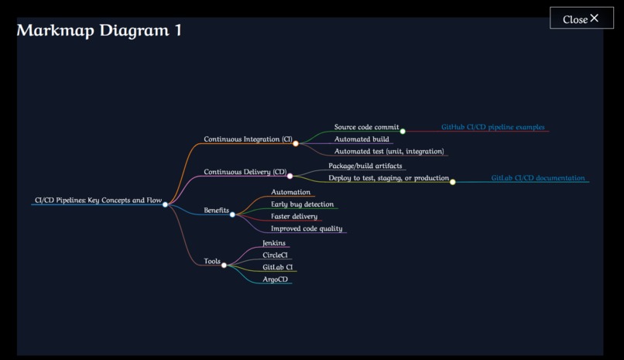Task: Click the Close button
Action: (581, 19)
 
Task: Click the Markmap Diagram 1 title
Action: (99, 31)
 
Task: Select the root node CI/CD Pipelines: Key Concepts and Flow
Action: (98, 201)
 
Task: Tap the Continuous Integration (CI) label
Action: (248, 139)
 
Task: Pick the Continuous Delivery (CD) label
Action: (245, 172)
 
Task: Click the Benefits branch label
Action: (216, 211)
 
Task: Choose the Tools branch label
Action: (212, 262)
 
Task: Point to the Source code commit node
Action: (366, 127)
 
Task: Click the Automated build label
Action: (362, 139)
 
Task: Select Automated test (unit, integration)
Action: (389, 152)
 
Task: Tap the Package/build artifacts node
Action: (365, 166)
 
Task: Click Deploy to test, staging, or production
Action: (388, 178)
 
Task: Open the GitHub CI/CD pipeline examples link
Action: (492, 127)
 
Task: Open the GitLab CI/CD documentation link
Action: (538, 178)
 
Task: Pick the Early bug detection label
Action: (302, 204)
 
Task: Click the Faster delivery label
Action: (293, 217)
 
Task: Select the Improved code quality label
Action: (307, 229)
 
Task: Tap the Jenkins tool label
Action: (274, 243)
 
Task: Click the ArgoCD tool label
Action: (275, 279)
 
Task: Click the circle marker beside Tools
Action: (225, 266)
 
